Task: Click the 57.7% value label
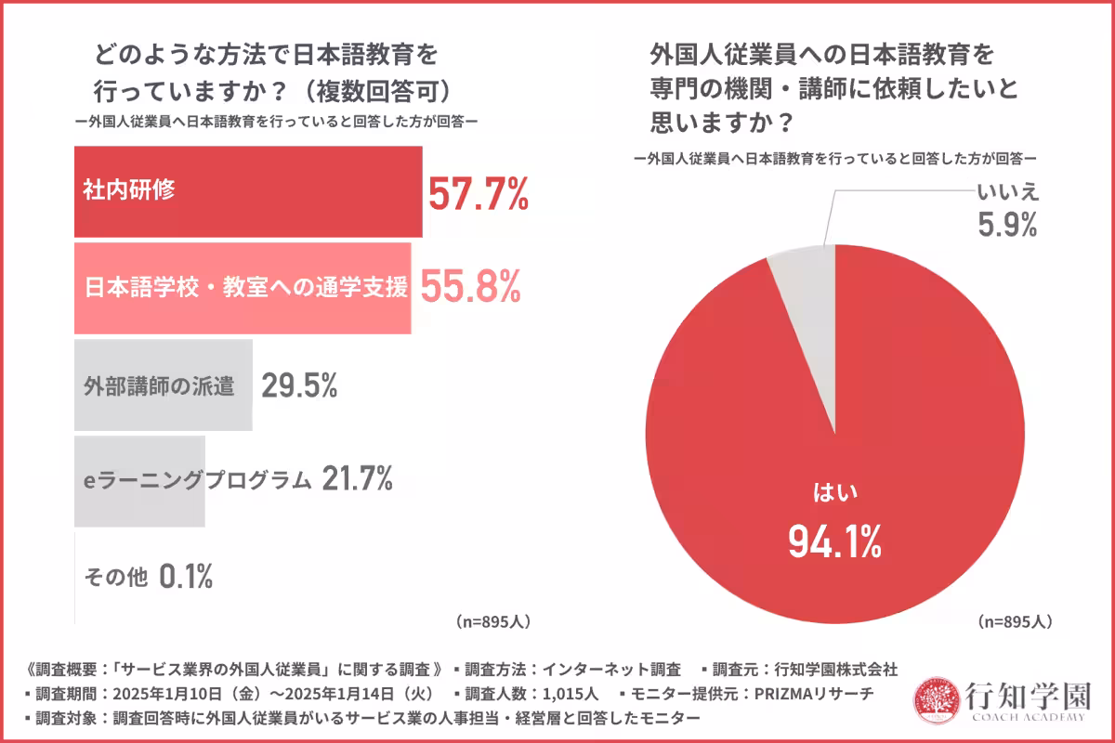click(478, 194)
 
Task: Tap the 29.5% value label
click(298, 385)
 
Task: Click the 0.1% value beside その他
click(186, 577)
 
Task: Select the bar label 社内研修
click(125, 191)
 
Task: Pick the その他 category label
click(116, 578)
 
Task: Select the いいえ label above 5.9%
click(1006, 192)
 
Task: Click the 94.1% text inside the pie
click(834, 541)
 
